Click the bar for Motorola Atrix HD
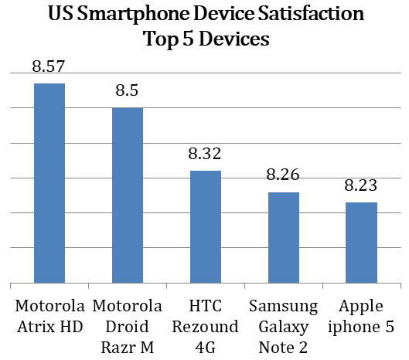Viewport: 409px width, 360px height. tap(49, 183)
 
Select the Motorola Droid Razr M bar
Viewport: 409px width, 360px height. tap(128, 195)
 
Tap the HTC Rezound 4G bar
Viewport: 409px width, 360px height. tap(206, 227)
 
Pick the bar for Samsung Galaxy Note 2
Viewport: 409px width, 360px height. tap(284, 237)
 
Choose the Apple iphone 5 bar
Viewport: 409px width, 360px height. tap(361, 243)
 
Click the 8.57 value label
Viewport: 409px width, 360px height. tap(49, 66)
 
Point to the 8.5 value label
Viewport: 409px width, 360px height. tap(127, 90)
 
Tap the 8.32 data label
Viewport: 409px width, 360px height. tap(205, 153)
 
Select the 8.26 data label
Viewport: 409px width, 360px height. tap(283, 175)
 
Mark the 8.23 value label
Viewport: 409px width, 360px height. tap(361, 185)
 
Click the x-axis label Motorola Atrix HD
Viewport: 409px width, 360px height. tap(49, 316)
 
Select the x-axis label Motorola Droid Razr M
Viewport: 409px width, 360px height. tap(128, 326)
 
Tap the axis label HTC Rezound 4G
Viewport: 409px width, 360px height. tap(206, 326)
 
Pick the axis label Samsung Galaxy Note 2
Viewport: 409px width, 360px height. tap(284, 326)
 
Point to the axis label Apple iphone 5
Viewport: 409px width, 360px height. tap(361, 316)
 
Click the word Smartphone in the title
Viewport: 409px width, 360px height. tap(133, 14)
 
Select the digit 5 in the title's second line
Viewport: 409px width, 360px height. tap(188, 39)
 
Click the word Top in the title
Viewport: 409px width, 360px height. tap(161, 40)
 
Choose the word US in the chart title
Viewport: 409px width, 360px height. tap(61, 13)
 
